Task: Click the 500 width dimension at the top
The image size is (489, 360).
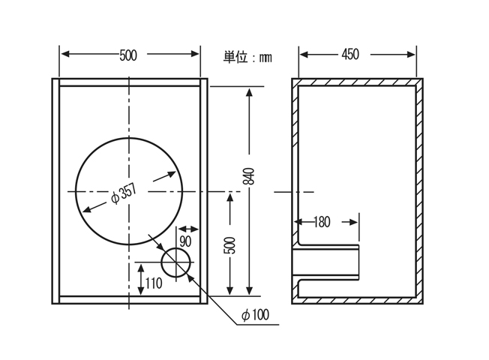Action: tap(128, 55)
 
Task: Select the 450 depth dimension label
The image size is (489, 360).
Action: tap(350, 54)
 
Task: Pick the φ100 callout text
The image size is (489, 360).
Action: tap(255, 315)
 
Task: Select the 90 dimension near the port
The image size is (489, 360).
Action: tap(186, 241)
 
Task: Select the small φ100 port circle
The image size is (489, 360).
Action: tap(177, 263)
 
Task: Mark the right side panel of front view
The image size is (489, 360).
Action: tap(202, 191)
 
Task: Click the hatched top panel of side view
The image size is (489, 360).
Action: tap(357, 81)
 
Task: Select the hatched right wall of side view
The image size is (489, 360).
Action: tap(419, 191)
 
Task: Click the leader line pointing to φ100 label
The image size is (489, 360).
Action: tap(217, 300)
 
